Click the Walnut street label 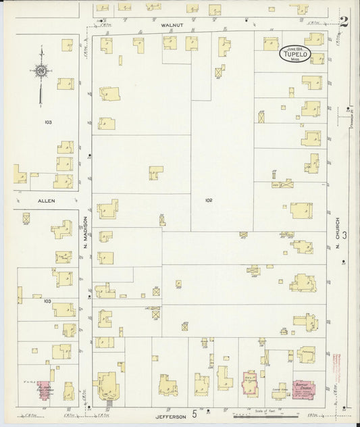172,24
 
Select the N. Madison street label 86,232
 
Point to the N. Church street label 336,233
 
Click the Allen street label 46,201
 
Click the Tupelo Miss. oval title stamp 296,54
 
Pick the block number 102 208,200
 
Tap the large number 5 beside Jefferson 195,413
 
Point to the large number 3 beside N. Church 345,234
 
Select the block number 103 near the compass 47,122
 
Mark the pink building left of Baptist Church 251,384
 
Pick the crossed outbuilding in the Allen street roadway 26,218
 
